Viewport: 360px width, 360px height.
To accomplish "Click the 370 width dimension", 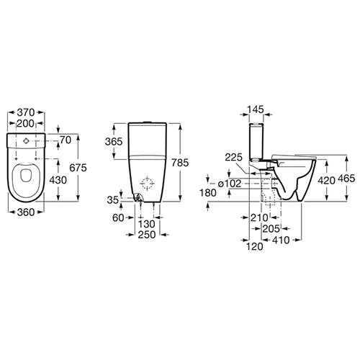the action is point(26,112).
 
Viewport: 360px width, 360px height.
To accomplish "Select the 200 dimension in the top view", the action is point(25,123).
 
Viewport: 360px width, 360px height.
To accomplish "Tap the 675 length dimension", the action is point(78,168).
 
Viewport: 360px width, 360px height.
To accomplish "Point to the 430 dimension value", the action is point(58,180).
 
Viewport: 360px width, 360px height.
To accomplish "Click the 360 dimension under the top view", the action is point(26,212).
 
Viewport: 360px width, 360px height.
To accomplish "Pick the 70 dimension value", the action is point(66,140).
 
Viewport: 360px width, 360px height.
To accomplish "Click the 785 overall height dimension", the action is point(180,163).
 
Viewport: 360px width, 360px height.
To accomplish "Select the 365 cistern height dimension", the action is point(114,142).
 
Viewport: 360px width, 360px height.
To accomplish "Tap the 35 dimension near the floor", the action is point(113,199).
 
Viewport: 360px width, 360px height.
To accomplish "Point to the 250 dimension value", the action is point(147,235).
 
